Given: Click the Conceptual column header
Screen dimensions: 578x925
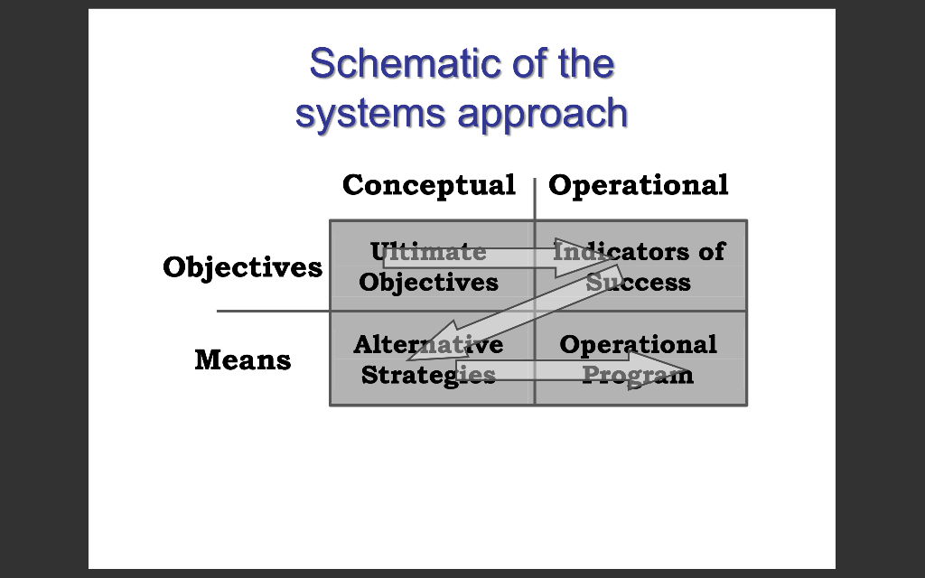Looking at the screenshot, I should tap(428, 185).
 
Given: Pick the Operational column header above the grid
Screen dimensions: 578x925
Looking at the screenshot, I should tap(638, 185).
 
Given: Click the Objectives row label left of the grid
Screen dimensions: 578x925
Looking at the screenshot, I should tap(242, 267).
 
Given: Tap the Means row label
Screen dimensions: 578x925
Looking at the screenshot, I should tap(242, 360).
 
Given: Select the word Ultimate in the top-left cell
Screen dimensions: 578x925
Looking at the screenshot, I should tap(428, 251).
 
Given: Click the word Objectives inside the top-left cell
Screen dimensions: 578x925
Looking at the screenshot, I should tap(428, 283).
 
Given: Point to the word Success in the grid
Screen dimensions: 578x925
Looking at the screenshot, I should tap(638, 283).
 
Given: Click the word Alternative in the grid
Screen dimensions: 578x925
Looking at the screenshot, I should tap(428, 345).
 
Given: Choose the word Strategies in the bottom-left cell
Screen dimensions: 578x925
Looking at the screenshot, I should tap(428, 375).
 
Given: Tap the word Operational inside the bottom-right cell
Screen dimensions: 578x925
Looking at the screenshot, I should tap(638, 345).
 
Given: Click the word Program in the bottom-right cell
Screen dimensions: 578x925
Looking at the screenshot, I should tap(638, 375).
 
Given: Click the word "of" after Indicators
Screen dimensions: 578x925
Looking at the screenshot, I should tap(711, 251).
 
